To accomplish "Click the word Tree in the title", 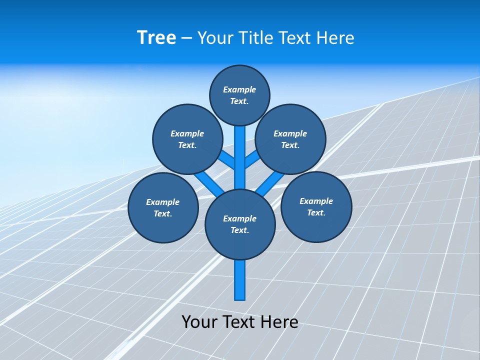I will coord(156,37).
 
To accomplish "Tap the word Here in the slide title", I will coord(334,37).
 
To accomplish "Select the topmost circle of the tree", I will coord(239,95).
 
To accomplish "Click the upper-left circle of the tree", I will coord(187,139).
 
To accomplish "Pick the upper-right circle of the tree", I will coord(290,139).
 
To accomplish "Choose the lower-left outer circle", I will coord(163,207).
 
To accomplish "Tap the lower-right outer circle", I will coord(316,206).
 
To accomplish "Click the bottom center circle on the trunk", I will coord(240,224).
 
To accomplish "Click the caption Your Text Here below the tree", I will coord(240,321).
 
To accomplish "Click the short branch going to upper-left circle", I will coord(227,160).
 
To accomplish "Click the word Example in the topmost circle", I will coord(239,89).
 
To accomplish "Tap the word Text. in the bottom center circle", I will coord(239,230).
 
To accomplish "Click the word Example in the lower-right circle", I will coord(316,201).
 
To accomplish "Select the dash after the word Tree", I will coord(186,38).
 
